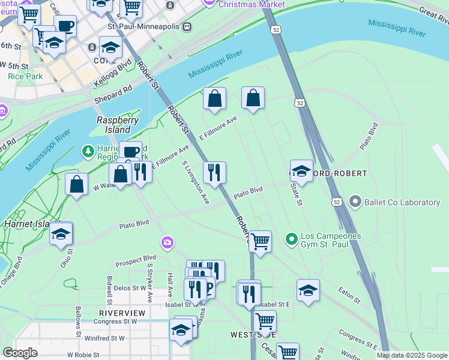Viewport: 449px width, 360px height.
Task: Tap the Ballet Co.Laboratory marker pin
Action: pos(355,202)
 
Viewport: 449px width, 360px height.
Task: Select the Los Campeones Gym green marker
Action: pos(292,240)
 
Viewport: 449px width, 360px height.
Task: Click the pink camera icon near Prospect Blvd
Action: pos(167,242)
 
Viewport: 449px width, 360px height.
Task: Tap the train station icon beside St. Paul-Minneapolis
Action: pos(187,26)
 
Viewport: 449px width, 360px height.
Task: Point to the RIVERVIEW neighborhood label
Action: pos(122,313)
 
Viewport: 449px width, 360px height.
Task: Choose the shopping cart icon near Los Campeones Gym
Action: pos(260,241)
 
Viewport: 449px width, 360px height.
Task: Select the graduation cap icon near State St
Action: pos(301,170)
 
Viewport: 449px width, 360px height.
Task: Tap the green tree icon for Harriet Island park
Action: pos(88,150)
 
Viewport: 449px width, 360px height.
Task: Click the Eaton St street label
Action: pos(349,295)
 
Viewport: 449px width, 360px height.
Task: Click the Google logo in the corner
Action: pos(20,353)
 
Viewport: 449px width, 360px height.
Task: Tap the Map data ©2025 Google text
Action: pos(412,355)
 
